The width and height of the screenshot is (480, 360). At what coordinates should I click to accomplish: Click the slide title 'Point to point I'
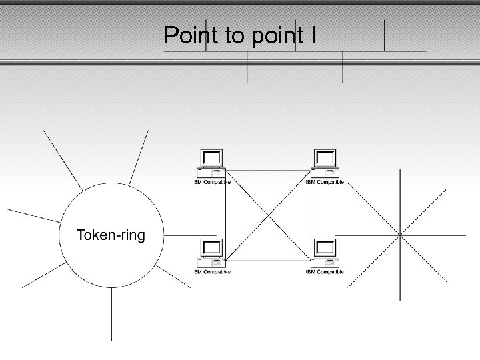pos(240,35)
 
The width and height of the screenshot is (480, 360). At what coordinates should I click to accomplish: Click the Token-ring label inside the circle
pos(111,235)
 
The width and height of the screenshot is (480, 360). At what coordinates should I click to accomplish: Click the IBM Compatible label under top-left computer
pos(211,182)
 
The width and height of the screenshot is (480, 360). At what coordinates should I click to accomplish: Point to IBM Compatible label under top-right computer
pos(325,182)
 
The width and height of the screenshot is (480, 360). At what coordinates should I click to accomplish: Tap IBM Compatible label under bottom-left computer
pos(211,272)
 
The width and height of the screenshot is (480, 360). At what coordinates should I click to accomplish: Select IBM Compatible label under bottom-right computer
pos(325,272)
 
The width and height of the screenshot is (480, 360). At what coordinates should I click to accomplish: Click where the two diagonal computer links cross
pos(269,215)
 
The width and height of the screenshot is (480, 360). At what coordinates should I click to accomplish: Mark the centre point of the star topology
pos(399,235)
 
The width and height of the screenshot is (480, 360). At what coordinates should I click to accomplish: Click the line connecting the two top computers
pos(269,171)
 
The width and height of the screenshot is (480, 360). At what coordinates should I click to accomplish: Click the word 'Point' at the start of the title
pos(187,35)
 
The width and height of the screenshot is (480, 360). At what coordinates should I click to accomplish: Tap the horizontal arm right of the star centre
pos(433,235)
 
